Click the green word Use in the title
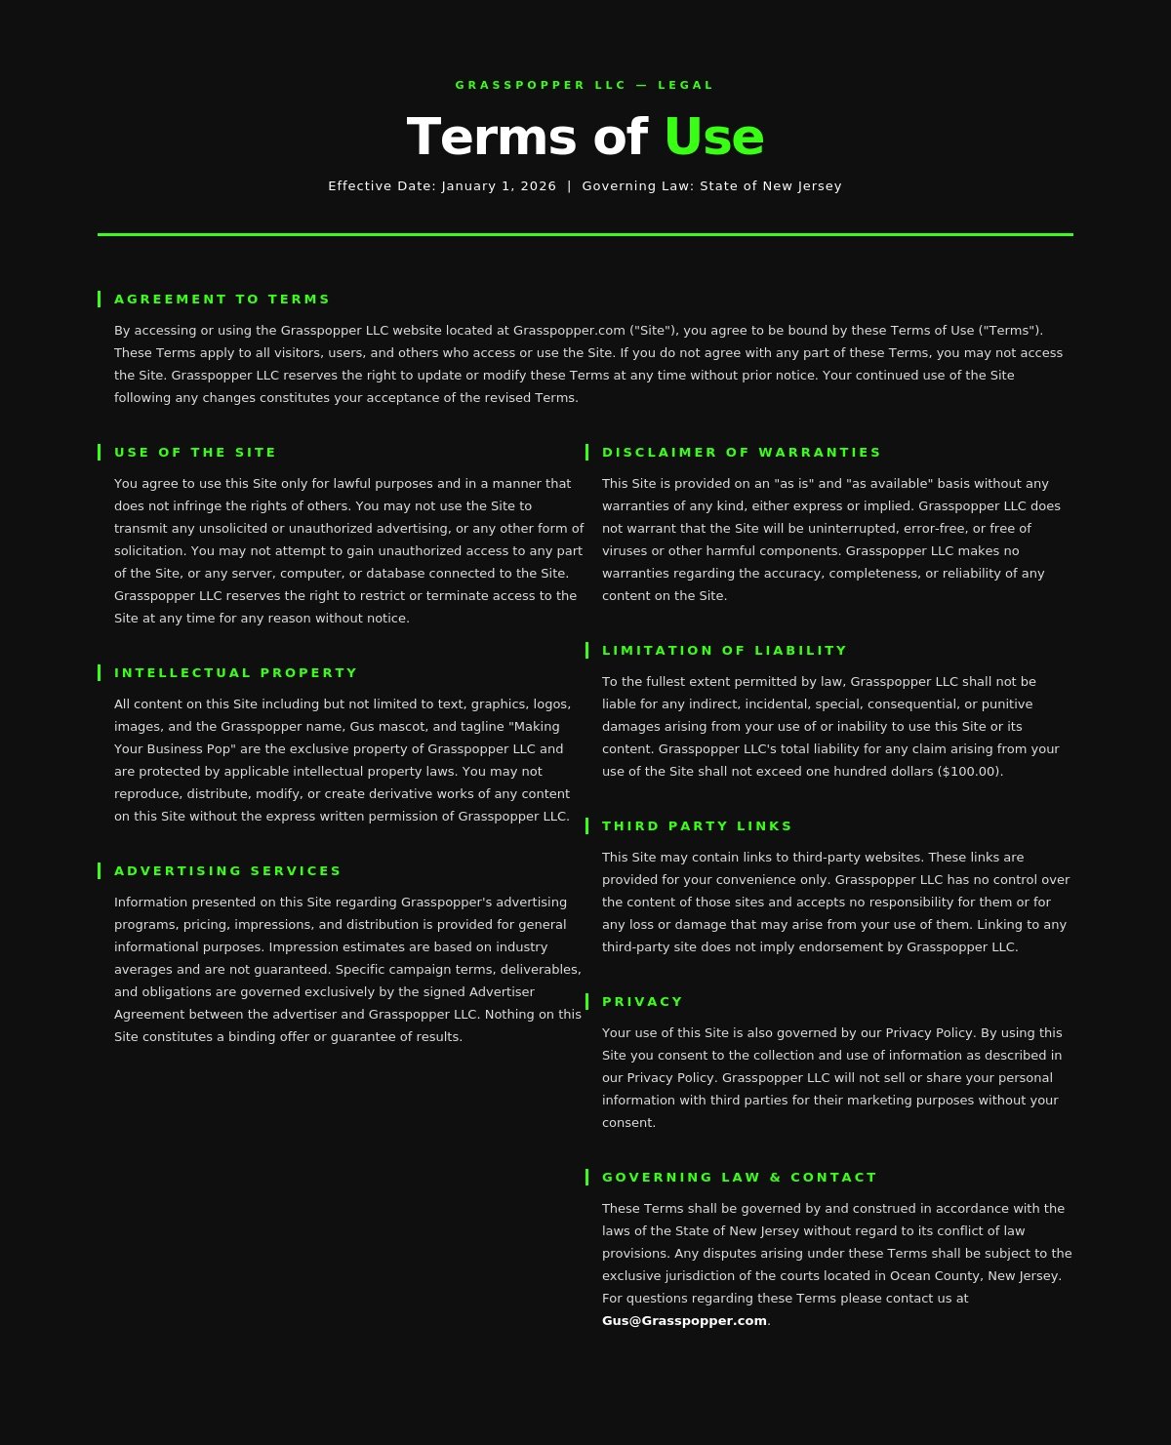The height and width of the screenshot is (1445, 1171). coord(713,137)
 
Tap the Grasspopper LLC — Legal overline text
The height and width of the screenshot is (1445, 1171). coord(585,85)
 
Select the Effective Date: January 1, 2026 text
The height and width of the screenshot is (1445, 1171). coord(442,185)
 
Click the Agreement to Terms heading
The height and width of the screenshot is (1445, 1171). coord(222,299)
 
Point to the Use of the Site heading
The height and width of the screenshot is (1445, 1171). coord(195,452)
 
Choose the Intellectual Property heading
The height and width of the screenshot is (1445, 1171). coord(236,672)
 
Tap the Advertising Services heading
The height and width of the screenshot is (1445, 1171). coord(228,870)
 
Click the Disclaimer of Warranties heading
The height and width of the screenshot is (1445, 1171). coord(742,452)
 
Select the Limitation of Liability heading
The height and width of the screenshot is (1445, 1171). coord(725,650)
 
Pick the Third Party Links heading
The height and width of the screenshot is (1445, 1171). coord(698,825)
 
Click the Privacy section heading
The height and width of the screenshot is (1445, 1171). coord(643,1001)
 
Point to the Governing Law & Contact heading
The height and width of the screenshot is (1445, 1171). coord(740,1177)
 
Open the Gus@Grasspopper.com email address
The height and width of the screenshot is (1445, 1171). coord(684,1320)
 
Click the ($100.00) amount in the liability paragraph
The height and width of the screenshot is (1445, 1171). coord(969,771)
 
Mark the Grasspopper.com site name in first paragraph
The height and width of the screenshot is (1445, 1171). coord(569,330)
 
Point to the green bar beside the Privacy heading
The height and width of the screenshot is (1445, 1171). coord(586,1001)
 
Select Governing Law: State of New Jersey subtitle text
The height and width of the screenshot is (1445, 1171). coord(711,185)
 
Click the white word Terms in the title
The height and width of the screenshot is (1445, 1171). coord(491,137)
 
